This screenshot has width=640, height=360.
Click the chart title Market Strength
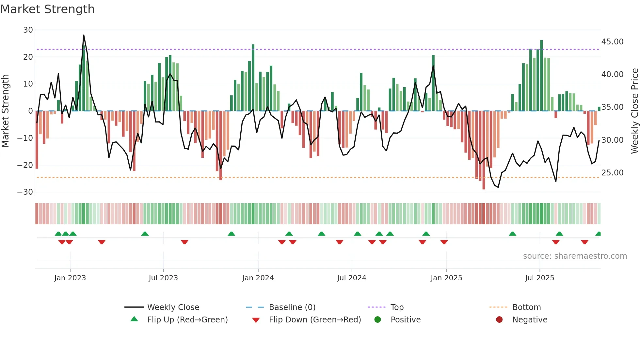[x=47, y=9]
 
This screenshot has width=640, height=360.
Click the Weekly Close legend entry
[x=173, y=307]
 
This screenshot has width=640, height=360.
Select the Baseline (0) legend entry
[x=292, y=307]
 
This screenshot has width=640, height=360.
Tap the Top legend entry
[x=397, y=307]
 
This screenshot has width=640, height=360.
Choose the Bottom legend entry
[x=526, y=307]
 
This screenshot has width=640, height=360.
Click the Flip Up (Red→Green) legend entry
[x=187, y=320]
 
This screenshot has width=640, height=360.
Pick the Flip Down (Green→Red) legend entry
[x=315, y=320]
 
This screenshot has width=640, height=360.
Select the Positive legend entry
[x=405, y=320]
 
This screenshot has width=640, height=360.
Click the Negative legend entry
[x=529, y=320]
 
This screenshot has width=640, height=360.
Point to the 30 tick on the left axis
[x=28, y=30]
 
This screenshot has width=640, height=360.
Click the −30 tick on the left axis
[x=25, y=192]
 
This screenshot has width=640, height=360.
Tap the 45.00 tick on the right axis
[x=612, y=42]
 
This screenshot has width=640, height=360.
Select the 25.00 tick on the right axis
[x=612, y=173]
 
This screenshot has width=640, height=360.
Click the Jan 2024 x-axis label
[x=258, y=278]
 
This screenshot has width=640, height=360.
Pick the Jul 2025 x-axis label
[x=539, y=278]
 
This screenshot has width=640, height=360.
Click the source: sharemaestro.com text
[x=575, y=256]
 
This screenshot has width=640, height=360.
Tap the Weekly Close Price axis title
[x=634, y=111]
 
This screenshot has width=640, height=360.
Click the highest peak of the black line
[x=84, y=35]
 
